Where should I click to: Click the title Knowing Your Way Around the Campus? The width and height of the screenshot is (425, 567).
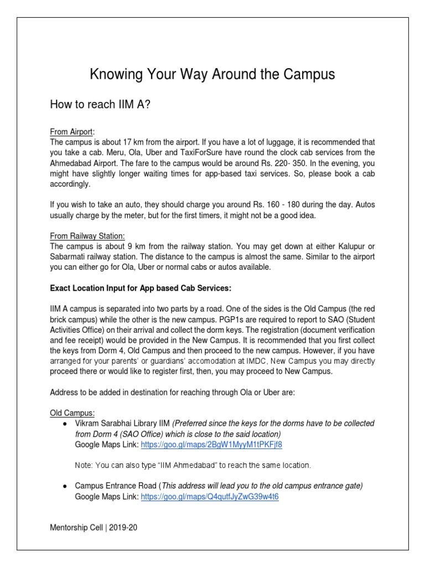(x=212, y=74)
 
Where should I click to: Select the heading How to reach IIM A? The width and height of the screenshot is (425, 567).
(x=100, y=105)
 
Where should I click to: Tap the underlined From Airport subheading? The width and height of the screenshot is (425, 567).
(x=72, y=131)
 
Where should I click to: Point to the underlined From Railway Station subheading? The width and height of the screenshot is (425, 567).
(x=87, y=235)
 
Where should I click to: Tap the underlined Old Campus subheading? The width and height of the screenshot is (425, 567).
(x=72, y=413)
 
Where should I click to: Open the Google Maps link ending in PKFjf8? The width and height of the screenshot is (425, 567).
(x=211, y=445)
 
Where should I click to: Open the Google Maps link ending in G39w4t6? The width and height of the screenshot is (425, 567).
(x=210, y=497)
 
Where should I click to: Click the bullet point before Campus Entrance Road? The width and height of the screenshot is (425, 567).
(x=65, y=486)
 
